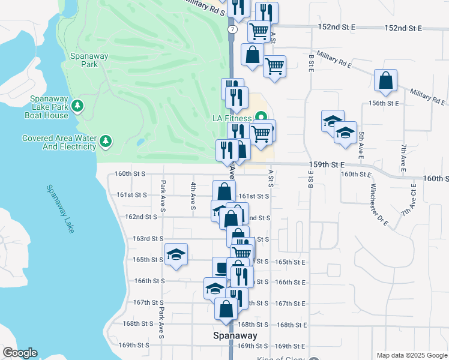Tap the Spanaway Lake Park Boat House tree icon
click(77, 107)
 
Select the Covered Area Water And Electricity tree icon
click(106, 142)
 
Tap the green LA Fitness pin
click(260, 116)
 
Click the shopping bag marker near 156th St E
click(385, 81)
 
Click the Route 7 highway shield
click(231, 29)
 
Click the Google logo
click(20, 353)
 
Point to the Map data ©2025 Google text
click(411, 355)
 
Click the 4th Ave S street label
click(193, 196)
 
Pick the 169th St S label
click(133, 345)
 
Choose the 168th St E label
click(291, 325)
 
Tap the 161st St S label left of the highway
click(132, 195)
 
